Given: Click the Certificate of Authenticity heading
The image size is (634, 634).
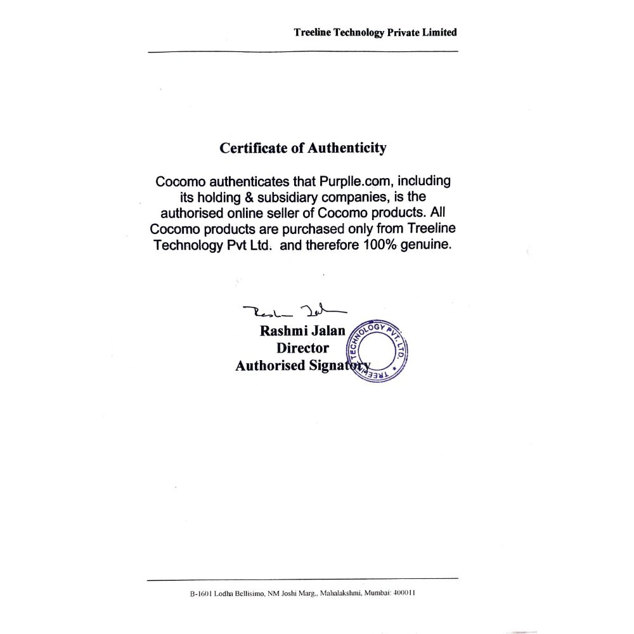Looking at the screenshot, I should [302, 148].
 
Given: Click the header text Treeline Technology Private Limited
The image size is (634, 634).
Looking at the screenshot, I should [375, 32].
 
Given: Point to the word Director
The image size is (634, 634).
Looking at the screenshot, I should [302, 348].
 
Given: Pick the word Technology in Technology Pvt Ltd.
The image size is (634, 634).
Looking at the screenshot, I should [188, 245].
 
